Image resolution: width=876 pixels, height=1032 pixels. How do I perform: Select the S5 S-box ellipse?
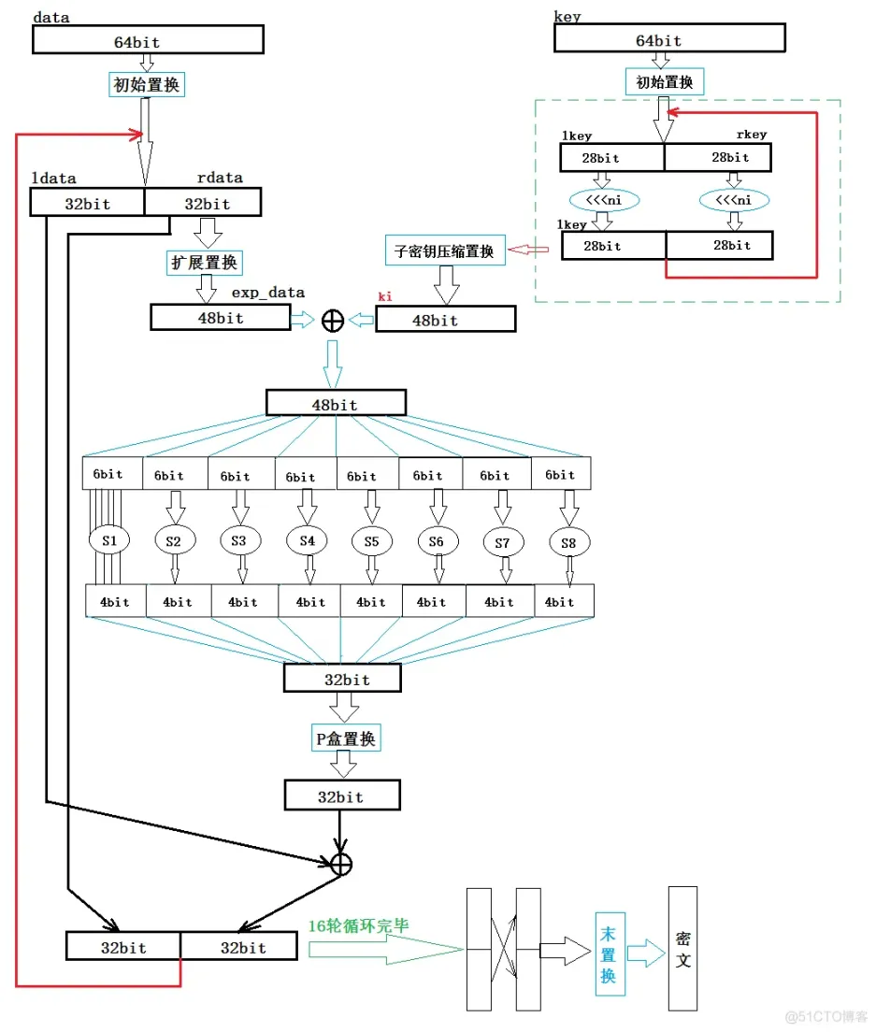point(372,540)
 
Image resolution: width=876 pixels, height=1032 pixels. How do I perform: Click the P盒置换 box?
point(345,738)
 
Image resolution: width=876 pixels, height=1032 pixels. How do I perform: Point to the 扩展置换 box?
point(203,262)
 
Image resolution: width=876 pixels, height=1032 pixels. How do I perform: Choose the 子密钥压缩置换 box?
point(445,250)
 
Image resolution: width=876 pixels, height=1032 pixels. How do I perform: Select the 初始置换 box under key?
point(665,82)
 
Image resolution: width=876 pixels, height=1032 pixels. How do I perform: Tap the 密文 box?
point(682,950)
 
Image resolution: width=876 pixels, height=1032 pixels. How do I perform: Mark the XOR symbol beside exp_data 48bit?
point(332,321)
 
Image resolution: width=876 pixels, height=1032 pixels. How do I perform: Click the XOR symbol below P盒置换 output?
point(341,865)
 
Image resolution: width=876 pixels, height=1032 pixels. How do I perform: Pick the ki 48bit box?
point(445,320)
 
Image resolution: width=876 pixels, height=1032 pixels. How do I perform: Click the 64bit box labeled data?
point(148,39)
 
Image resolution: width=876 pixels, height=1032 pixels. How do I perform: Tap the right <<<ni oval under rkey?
point(734,200)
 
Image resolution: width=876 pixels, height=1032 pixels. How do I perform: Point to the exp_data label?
point(268,293)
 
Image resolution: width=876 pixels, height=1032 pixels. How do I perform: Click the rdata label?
point(220,178)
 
